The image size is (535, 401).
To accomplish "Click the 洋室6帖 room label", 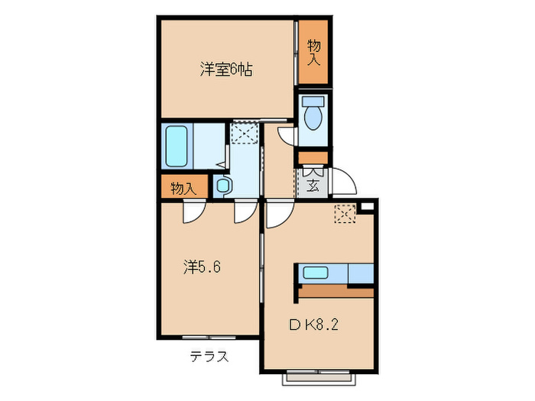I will [x=226, y=71].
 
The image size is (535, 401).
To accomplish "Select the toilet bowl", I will [x=313, y=117].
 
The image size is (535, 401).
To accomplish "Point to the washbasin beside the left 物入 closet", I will [x=222, y=186].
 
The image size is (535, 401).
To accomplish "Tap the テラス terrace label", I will [x=209, y=357].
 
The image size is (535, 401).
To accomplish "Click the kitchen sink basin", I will [x=315, y=271].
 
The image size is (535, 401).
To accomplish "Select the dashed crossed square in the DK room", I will [x=345, y=215].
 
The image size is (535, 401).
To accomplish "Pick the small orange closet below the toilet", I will [x=313, y=158].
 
